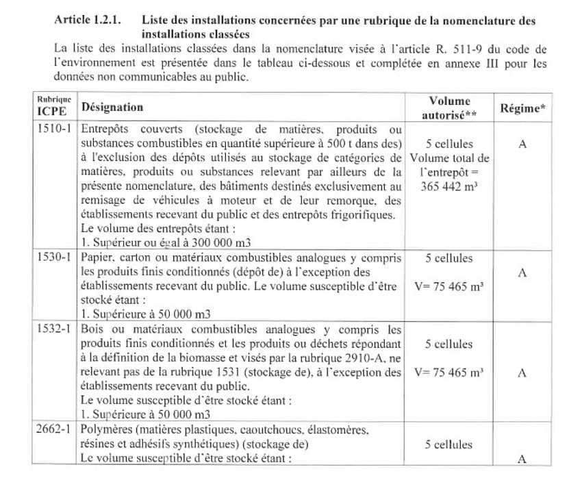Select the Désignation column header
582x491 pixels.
click(x=112, y=108)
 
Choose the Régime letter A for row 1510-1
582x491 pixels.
click(x=522, y=146)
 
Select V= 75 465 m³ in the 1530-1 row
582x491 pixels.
click(x=449, y=288)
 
